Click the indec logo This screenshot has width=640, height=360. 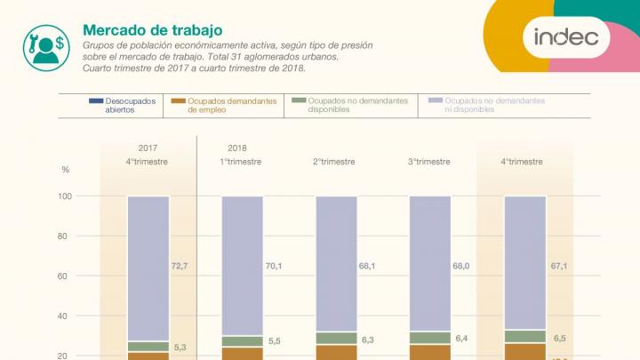[572, 37]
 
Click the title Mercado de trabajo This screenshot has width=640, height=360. [152, 29]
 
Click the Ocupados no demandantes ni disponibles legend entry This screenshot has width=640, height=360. [492, 105]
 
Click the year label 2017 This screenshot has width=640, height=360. [148, 148]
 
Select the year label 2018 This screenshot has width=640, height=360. [237, 148]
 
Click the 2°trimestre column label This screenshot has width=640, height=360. [334, 162]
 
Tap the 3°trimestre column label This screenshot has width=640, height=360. [429, 162]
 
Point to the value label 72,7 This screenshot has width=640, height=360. [180, 266]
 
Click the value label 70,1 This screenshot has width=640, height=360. [274, 266]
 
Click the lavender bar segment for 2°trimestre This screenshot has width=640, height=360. [337, 264]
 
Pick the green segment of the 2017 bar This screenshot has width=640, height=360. [148, 347]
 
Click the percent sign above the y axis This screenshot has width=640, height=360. [65, 169]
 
